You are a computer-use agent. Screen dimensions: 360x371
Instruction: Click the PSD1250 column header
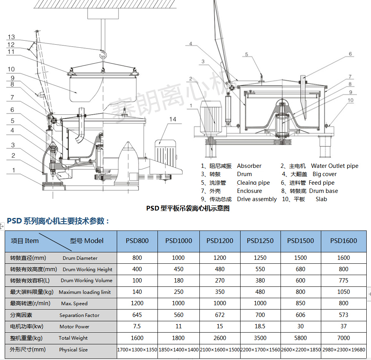(260, 241)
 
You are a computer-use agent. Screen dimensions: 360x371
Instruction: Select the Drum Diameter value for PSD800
(137, 258)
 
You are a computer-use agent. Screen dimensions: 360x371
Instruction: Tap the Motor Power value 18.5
(260, 326)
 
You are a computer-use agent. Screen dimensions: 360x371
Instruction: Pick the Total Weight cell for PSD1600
(344, 338)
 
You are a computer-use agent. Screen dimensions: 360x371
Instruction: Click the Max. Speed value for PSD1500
(300, 303)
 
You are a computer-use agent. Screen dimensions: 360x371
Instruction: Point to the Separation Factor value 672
(220, 315)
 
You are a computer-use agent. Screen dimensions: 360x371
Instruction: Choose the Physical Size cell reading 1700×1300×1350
(137, 350)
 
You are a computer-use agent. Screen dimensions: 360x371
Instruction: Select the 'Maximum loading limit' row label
(61, 292)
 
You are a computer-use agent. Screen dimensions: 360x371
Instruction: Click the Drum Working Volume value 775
(344, 281)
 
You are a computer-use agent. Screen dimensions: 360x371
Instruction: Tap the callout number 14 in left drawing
(173, 119)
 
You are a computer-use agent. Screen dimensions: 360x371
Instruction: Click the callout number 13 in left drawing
(11, 37)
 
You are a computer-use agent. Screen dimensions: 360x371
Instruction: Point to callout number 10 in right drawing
(350, 100)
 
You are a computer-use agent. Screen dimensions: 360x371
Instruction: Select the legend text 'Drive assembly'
(257, 199)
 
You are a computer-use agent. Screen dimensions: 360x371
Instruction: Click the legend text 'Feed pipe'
(322, 183)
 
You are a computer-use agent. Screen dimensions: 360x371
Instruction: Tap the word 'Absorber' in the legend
(249, 166)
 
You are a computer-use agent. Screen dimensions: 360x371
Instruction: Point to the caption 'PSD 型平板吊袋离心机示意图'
(188, 208)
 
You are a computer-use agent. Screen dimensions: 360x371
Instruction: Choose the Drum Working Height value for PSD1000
(178, 269)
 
